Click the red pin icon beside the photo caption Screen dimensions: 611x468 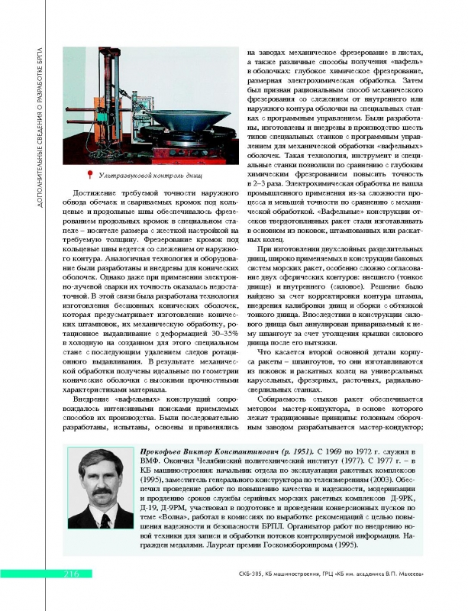pyautogui.click(x=90, y=176)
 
